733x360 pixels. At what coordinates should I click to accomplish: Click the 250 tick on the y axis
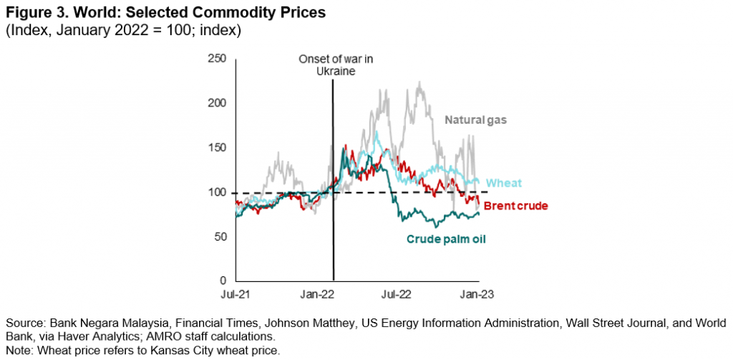click(x=218, y=58)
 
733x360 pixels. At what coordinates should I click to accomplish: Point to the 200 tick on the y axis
click(x=218, y=103)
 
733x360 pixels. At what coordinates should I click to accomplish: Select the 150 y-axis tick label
click(x=218, y=147)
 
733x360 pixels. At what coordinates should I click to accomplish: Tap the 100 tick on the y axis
click(x=218, y=193)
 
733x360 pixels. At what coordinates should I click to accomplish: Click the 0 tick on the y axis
click(x=223, y=281)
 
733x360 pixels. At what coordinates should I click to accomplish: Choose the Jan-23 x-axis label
click(x=475, y=294)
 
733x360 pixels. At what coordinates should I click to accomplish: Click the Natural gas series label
click(x=475, y=120)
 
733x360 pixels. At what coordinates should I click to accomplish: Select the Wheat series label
click(x=503, y=183)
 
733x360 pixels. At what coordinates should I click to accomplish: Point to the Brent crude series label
click(x=515, y=206)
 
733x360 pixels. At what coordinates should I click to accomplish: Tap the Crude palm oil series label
click(x=447, y=239)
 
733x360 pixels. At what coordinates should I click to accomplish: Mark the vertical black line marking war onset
click(x=334, y=179)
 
